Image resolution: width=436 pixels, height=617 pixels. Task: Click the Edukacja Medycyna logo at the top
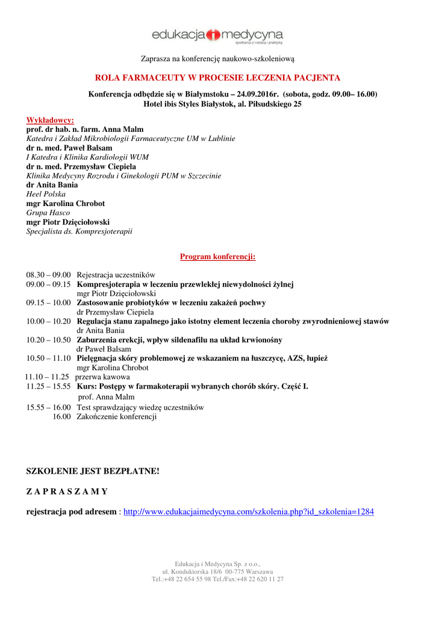(x=217, y=37)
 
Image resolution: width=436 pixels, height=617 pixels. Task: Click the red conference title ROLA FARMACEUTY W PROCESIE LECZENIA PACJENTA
(x=217, y=78)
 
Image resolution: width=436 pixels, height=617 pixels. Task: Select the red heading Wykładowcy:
(x=50, y=121)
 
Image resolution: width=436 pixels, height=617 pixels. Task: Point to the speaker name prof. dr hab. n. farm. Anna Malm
(x=85, y=130)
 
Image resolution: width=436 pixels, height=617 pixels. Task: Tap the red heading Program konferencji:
(x=218, y=257)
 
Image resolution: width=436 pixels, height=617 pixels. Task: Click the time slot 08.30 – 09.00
(x=48, y=275)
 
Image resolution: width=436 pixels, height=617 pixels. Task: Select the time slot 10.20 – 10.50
(x=48, y=340)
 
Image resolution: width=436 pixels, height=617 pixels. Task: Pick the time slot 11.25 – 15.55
(x=48, y=386)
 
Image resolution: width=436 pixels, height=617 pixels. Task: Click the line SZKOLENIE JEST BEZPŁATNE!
(x=93, y=470)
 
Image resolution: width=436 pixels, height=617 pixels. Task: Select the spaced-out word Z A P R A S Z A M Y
(x=67, y=491)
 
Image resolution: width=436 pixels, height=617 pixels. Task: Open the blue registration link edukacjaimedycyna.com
(x=249, y=512)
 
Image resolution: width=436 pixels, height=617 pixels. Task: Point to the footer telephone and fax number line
(x=217, y=579)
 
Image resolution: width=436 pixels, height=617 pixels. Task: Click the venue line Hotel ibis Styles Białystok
(x=222, y=104)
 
